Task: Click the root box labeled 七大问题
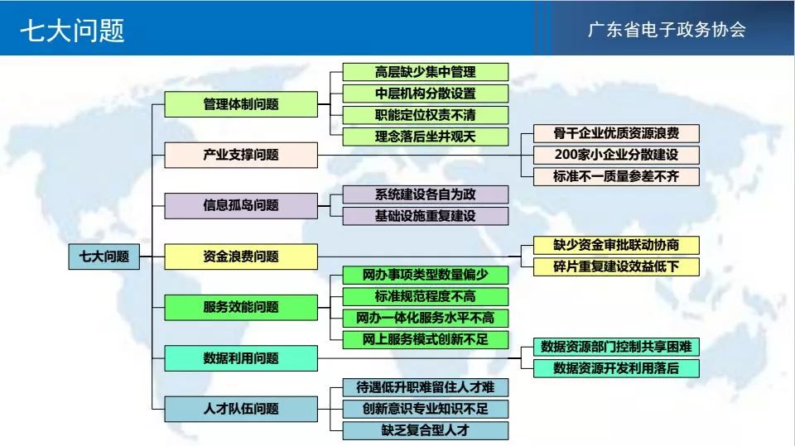click(x=104, y=257)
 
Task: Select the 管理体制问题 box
click(x=241, y=104)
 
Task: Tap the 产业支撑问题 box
click(x=241, y=155)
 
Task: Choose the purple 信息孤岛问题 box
click(x=241, y=206)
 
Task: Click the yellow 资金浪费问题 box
click(x=241, y=257)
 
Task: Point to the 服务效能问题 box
click(x=241, y=307)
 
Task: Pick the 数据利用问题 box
click(x=241, y=358)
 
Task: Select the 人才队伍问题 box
click(x=241, y=409)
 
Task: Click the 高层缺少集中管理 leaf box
click(x=426, y=72)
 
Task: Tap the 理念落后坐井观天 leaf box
click(x=426, y=137)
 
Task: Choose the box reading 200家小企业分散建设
click(x=616, y=155)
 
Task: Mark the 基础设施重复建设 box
click(x=426, y=216)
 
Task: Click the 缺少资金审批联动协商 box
click(x=616, y=245)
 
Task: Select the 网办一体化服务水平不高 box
click(x=426, y=319)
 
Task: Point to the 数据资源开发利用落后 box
click(x=616, y=368)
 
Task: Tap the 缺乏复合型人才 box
click(x=426, y=431)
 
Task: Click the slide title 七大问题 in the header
click(x=72, y=31)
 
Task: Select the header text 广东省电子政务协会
click(x=667, y=30)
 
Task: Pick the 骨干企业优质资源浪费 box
click(x=616, y=133)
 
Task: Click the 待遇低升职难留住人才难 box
click(x=426, y=388)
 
